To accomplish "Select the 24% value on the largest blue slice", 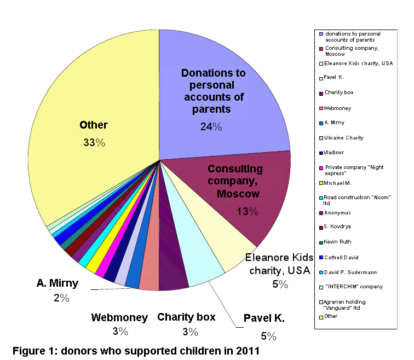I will [210, 127].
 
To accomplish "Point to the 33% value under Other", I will [94, 143].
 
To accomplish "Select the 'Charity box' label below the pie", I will [186, 317].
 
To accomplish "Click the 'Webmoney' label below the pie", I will [119, 317].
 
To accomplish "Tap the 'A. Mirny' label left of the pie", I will [58, 283].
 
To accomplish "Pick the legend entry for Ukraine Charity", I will [343, 137].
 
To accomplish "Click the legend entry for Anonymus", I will [338, 212].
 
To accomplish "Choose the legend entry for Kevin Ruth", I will [338, 241].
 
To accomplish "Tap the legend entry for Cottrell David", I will [342, 257].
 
